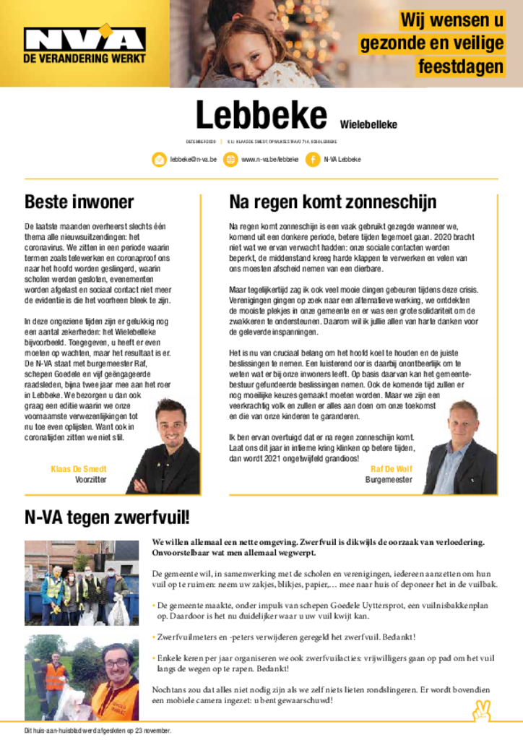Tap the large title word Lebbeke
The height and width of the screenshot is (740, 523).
coord(261,116)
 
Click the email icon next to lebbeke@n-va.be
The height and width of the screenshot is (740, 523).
coord(159,159)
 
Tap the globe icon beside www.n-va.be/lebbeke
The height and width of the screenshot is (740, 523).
coord(230,159)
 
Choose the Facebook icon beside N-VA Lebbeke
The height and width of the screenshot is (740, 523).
coord(313,159)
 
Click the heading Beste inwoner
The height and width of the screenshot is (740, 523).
coord(79,202)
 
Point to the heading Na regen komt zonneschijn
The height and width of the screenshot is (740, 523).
coord(332,202)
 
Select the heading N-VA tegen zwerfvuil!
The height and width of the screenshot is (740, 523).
coord(107,517)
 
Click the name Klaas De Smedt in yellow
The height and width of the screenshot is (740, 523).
coord(79,469)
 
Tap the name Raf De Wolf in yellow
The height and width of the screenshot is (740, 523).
coord(391,469)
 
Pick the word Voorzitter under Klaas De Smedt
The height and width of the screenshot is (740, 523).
coord(91,479)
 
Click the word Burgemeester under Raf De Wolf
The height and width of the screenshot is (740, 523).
coord(389,479)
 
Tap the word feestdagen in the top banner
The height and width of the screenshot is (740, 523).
coord(460,67)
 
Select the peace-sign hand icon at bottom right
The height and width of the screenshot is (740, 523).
coord(481,710)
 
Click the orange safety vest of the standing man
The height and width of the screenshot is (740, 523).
coord(55,677)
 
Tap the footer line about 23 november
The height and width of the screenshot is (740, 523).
coord(98,731)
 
